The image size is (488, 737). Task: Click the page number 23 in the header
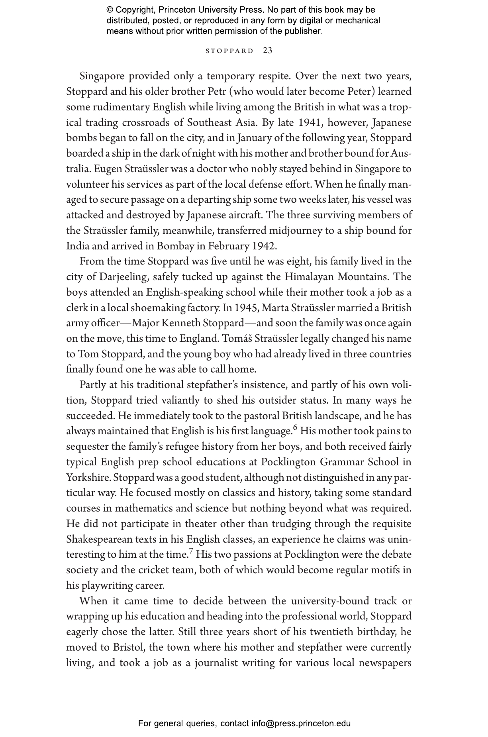(268, 51)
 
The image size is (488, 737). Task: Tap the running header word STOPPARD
(229, 51)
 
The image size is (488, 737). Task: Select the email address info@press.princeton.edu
(301, 723)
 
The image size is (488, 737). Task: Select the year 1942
(263, 246)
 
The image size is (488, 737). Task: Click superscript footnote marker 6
(295, 428)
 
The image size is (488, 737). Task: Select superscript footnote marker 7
(191, 552)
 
